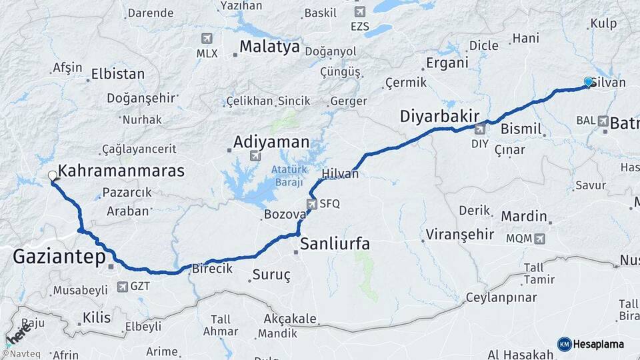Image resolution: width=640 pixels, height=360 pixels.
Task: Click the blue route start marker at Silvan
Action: pyautogui.click(x=589, y=82)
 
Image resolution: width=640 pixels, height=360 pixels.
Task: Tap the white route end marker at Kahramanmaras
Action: pyautogui.click(x=53, y=176)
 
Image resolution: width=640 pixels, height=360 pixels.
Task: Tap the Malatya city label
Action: pyautogui.click(x=270, y=47)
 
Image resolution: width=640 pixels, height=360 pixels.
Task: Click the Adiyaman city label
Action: pyautogui.click(x=271, y=142)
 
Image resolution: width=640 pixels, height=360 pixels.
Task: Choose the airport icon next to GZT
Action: pyautogui.click(x=122, y=287)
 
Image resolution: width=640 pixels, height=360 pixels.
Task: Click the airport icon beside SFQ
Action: pyautogui.click(x=311, y=204)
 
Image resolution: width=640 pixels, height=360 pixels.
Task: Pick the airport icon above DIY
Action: pyautogui.click(x=479, y=129)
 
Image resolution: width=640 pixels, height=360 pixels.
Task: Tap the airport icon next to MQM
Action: pyautogui.click(x=539, y=238)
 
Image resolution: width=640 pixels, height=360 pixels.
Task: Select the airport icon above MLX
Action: pyautogui.click(x=206, y=38)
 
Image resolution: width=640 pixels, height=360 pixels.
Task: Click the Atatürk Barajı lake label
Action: pyautogui.click(x=287, y=176)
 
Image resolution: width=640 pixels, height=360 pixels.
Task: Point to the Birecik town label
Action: pyautogui.click(x=212, y=269)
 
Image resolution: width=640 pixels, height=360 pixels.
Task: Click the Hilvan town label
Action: pyautogui.click(x=340, y=174)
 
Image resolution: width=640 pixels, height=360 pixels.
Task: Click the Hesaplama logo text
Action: pyautogui.click(x=599, y=344)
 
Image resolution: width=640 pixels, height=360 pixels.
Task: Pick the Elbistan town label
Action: pyautogui.click(x=118, y=73)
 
